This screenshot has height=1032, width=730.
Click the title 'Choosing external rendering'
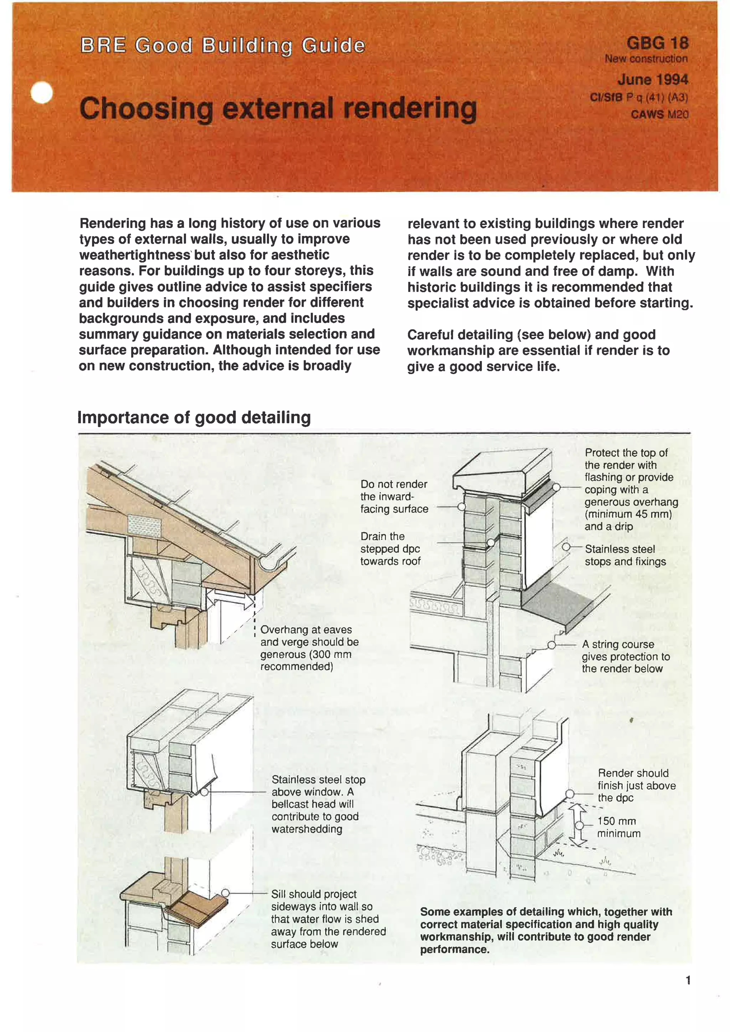278,108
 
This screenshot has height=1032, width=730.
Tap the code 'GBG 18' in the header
657,43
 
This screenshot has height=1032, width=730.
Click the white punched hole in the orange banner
42,93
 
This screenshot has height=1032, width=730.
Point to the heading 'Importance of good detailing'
194,417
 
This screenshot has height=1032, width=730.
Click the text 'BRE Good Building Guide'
222,45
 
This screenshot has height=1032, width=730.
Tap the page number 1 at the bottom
688,980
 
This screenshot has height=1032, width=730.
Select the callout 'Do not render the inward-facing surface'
394,496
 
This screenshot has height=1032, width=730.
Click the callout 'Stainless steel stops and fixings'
625,555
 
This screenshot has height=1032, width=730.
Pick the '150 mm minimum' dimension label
618,827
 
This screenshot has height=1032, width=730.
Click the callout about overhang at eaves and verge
309,648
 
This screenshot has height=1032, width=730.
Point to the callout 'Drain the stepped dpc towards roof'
390,548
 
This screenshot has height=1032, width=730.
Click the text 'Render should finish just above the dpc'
636,785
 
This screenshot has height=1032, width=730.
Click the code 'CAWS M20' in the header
659,115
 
